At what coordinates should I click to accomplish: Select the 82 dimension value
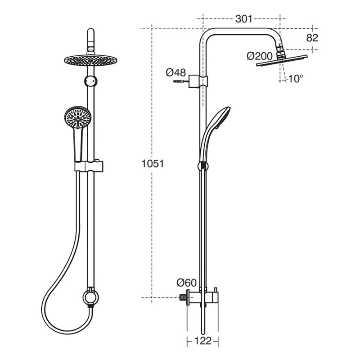312,38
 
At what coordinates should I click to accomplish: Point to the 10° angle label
295,78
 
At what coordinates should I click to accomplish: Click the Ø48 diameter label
175,72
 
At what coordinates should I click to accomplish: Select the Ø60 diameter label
186,283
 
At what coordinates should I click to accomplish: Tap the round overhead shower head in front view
90,60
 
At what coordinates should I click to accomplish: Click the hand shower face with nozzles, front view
78,117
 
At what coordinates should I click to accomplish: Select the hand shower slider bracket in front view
89,166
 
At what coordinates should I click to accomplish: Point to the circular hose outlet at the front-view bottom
90,297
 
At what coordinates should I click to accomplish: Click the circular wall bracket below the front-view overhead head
90,81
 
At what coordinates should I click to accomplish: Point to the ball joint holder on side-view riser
203,166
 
